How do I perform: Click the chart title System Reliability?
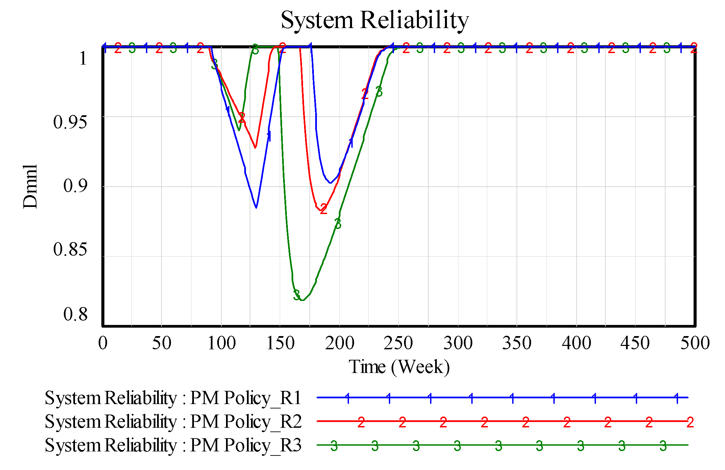click(x=374, y=20)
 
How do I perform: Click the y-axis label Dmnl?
click(x=30, y=187)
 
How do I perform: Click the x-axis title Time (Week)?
click(x=399, y=367)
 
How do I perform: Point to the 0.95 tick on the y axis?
click(x=70, y=122)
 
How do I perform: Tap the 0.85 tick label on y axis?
click(x=70, y=250)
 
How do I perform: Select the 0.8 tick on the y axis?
click(x=75, y=314)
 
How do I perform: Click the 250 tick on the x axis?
click(x=398, y=343)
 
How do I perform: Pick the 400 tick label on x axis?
click(x=576, y=343)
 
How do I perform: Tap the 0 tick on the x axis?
click(x=103, y=343)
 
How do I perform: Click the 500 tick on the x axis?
click(x=695, y=343)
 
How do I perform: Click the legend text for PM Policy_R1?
click(x=173, y=398)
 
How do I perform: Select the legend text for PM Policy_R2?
click(x=173, y=422)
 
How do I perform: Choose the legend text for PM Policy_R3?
click(x=173, y=445)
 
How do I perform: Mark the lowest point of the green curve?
click(x=302, y=300)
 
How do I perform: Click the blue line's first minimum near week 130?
click(x=256, y=208)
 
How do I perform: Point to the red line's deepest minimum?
click(x=320, y=211)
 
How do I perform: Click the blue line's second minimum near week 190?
click(x=330, y=183)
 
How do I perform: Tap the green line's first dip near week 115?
click(x=239, y=130)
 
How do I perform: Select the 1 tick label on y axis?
click(x=83, y=58)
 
